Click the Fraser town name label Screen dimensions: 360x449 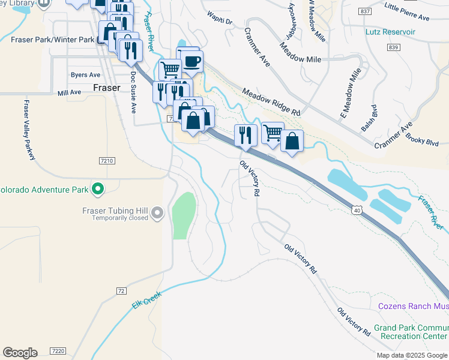click(x=107, y=88)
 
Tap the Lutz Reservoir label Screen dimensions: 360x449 click(x=390, y=31)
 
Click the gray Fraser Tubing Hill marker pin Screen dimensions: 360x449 click(x=157, y=212)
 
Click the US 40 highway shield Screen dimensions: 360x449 click(x=357, y=209)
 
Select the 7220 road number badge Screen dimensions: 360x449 click(x=58, y=350)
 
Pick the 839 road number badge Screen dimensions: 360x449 click(x=393, y=47)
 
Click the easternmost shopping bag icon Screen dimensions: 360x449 click(x=291, y=141)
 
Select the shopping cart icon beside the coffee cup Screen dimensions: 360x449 click(x=170, y=70)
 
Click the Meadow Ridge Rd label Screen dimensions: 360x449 click(x=271, y=102)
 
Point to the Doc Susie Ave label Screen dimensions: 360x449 click(x=133, y=92)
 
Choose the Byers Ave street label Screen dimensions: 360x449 click(x=85, y=75)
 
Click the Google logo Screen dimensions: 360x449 click(x=20, y=353)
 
